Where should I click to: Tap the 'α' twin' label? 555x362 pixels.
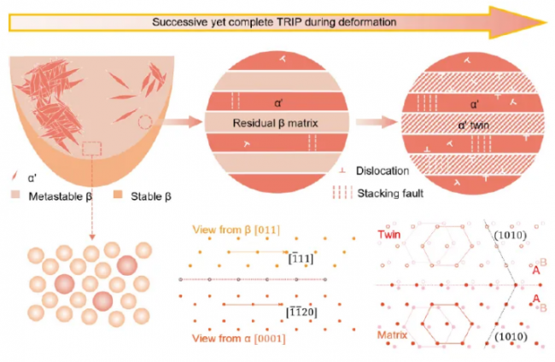click(470, 123)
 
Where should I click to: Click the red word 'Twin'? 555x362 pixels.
click(393, 231)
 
